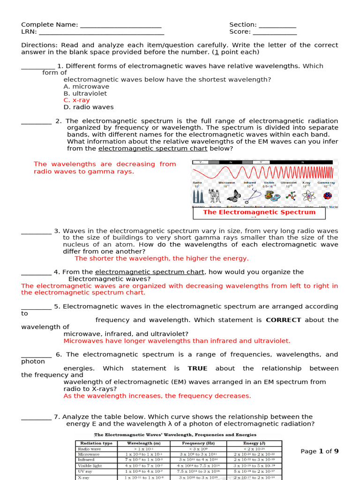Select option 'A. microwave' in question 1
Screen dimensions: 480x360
click(x=86, y=87)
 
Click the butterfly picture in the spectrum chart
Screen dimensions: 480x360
click(x=233, y=195)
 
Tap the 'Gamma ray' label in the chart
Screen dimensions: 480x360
click(x=326, y=182)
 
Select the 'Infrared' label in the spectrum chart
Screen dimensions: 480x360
click(x=250, y=182)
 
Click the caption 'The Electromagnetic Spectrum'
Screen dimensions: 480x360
click(x=259, y=212)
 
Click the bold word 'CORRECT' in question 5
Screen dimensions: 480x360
click(x=284, y=320)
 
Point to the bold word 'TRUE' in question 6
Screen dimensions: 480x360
click(x=197, y=368)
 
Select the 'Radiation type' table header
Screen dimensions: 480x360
click(x=96, y=443)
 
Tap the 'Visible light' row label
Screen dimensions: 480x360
click(x=90, y=466)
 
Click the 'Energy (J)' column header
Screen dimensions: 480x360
click(x=255, y=443)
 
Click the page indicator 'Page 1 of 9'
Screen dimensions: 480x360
click(x=319, y=451)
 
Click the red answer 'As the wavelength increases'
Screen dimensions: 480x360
click(x=157, y=396)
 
